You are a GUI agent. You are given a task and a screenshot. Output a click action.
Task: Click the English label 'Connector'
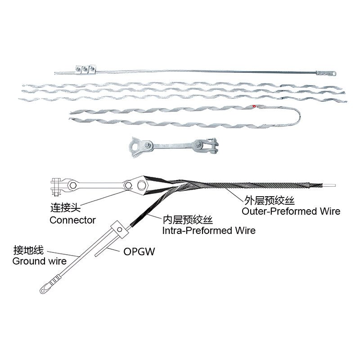(x=72, y=220)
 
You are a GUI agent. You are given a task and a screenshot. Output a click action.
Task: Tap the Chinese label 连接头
(x=64, y=209)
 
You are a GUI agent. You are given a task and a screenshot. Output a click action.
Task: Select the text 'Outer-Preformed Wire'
(x=291, y=211)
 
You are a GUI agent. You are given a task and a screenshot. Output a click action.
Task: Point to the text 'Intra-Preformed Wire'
(x=209, y=230)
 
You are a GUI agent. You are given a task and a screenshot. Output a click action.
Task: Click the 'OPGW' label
(x=139, y=252)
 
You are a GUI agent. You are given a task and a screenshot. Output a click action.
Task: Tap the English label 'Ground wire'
(x=39, y=261)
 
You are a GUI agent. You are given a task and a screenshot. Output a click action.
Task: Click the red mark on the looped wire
(x=256, y=107)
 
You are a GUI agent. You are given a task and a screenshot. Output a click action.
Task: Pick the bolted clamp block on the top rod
(x=85, y=68)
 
